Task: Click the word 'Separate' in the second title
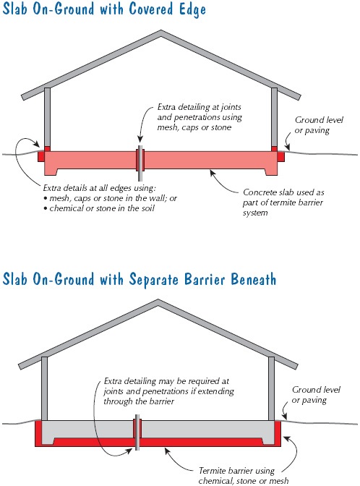pyautogui.click(x=154, y=279)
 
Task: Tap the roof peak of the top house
pyautogui.click(x=160, y=31)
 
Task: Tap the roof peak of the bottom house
pyautogui.click(x=158, y=300)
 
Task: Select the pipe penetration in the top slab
pyautogui.click(x=140, y=163)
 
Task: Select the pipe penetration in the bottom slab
pyautogui.click(x=137, y=432)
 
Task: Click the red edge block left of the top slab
pyautogui.click(x=41, y=156)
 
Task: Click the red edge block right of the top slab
pyautogui.click(x=280, y=156)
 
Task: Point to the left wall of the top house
pyautogui.click(x=47, y=117)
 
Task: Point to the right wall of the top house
pyautogui.click(x=274, y=117)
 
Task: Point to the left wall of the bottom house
pyautogui.click(x=44, y=388)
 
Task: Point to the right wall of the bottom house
pyautogui.click(x=271, y=388)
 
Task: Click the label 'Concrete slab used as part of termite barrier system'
pyautogui.click(x=283, y=202)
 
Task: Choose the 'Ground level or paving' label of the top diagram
pyautogui.click(x=319, y=125)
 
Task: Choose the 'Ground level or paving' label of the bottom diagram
pyautogui.click(x=316, y=395)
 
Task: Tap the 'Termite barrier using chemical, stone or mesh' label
pyautogui.click(x=244, y=476)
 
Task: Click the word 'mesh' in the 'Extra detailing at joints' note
pyautogui.click(x=168, y=127)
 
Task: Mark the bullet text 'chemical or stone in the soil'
pyautogui.click(x=102, y=208)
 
